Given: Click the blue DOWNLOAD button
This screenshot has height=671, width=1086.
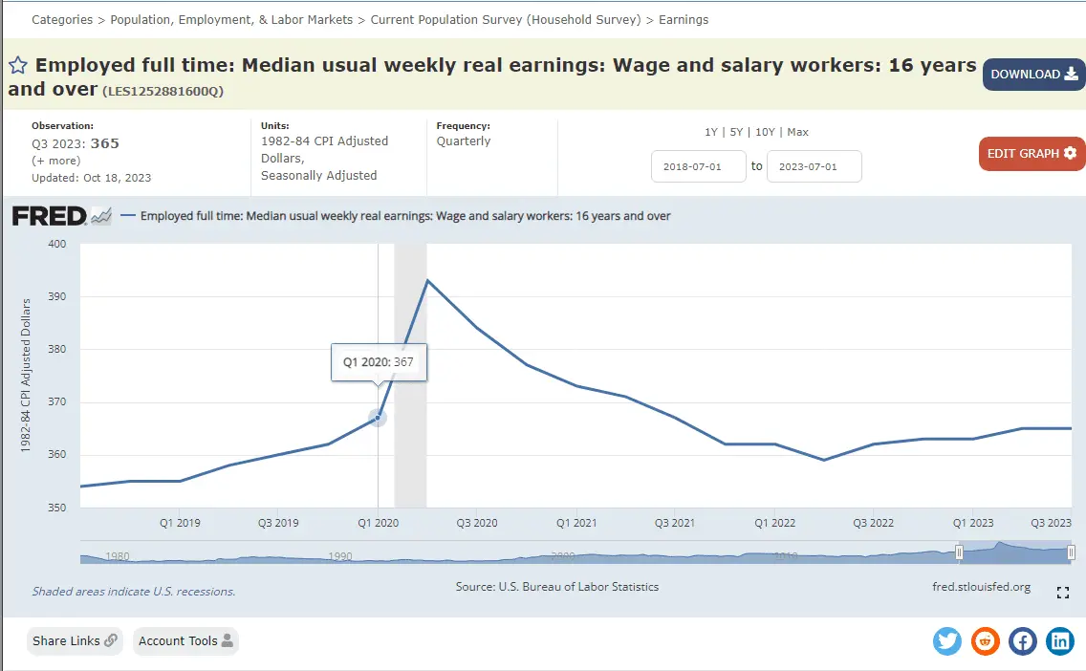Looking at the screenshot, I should coord(1033,75).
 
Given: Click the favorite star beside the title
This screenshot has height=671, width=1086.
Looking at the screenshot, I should coord(18,65).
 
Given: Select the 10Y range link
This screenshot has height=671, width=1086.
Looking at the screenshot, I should coord(765,132).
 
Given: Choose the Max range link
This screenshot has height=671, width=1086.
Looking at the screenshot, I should coord(797,132).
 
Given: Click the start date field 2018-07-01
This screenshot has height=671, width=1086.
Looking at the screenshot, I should coord(698,166).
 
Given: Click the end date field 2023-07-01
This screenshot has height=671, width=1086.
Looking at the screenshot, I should coord(814,166).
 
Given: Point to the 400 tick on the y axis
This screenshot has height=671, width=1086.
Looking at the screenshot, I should coord(56,244).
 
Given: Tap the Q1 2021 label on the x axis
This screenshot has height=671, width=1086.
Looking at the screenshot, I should coord(576,523).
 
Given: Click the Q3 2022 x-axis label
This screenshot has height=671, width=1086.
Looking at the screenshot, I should coord(874,523).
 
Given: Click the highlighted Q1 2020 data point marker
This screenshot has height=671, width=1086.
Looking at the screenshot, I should coord(378,418).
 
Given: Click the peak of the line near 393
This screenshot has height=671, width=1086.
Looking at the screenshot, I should coord(426,280).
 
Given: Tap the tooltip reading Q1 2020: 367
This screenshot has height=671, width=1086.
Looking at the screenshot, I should coord(379,362).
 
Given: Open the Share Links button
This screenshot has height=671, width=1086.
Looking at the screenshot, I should coord(76,641).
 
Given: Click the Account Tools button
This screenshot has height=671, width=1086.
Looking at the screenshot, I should coord(185,641).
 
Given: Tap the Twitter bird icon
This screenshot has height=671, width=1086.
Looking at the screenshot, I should coord(947,640).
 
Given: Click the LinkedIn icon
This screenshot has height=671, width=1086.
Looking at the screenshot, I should coord(1060,640).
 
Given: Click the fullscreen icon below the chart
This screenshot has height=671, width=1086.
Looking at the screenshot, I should coord(1062,594).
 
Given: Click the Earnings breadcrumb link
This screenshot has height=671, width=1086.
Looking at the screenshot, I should coord(684,19).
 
